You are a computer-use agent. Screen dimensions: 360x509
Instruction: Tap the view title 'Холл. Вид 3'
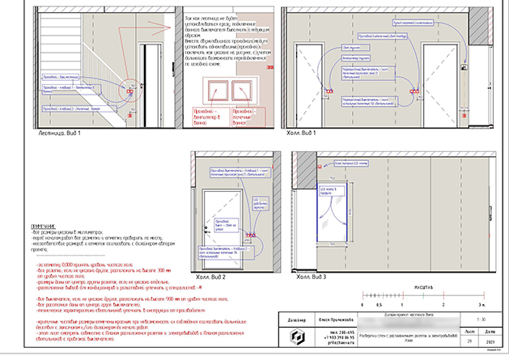[x=318, y=277]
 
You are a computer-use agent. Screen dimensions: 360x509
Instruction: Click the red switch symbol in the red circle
[x=129, y=92]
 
